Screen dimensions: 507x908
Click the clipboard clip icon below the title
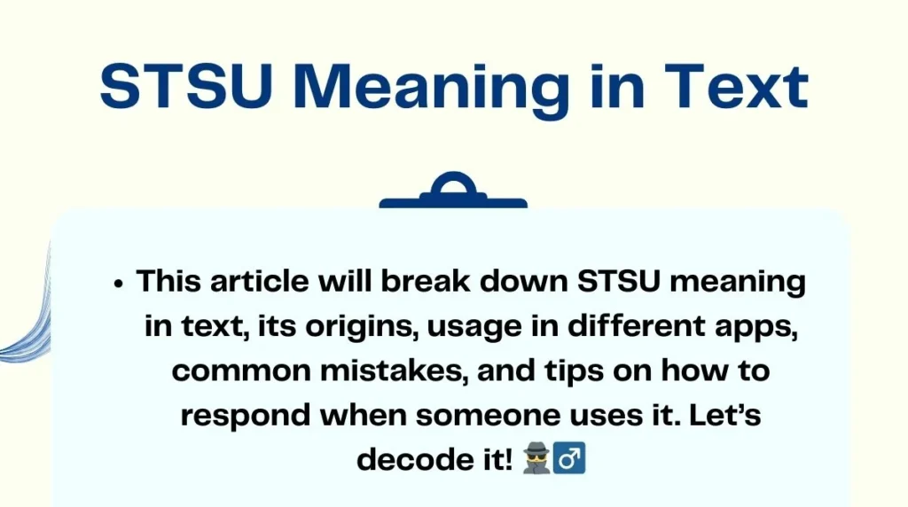pos(453,192)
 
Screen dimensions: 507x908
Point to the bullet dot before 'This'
pos(117,285)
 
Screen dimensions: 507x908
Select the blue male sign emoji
pos(573,459)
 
